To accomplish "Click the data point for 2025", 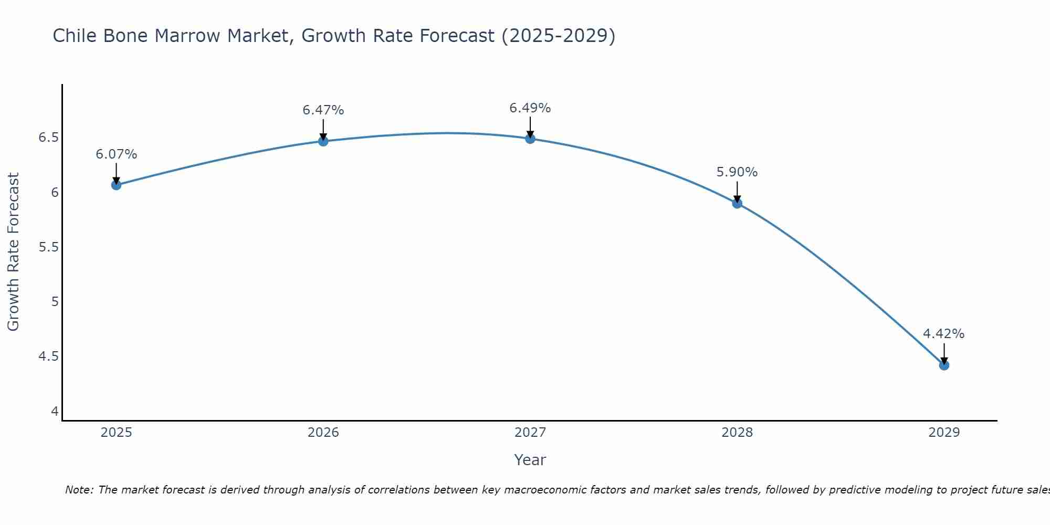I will tap(116, 185).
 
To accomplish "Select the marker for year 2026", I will tap(323, 141).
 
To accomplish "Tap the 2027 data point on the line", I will tap(530, 139).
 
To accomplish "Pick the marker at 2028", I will tap(737, 203).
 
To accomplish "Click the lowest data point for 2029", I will tap(944, 365).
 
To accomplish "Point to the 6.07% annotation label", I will tap(116, 154).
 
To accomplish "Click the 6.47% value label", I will tap(323, 110).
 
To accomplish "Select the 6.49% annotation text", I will tap(530, 108).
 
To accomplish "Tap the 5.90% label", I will tap(737, 172).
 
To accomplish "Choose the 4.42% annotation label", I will tap(943, 334).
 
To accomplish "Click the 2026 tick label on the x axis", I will tap(323, 433).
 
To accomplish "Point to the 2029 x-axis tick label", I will tap(944, 433).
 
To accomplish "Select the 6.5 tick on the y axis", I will tap(48, 138).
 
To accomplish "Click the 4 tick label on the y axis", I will tap(55, 411).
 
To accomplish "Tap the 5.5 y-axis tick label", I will tap(48, 247).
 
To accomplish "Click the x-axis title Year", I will tap(530, 460).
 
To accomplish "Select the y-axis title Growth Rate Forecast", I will tap(13, 252).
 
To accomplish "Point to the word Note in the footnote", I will tap(79, 490).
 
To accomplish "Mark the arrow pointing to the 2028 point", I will tap(737, 192).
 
